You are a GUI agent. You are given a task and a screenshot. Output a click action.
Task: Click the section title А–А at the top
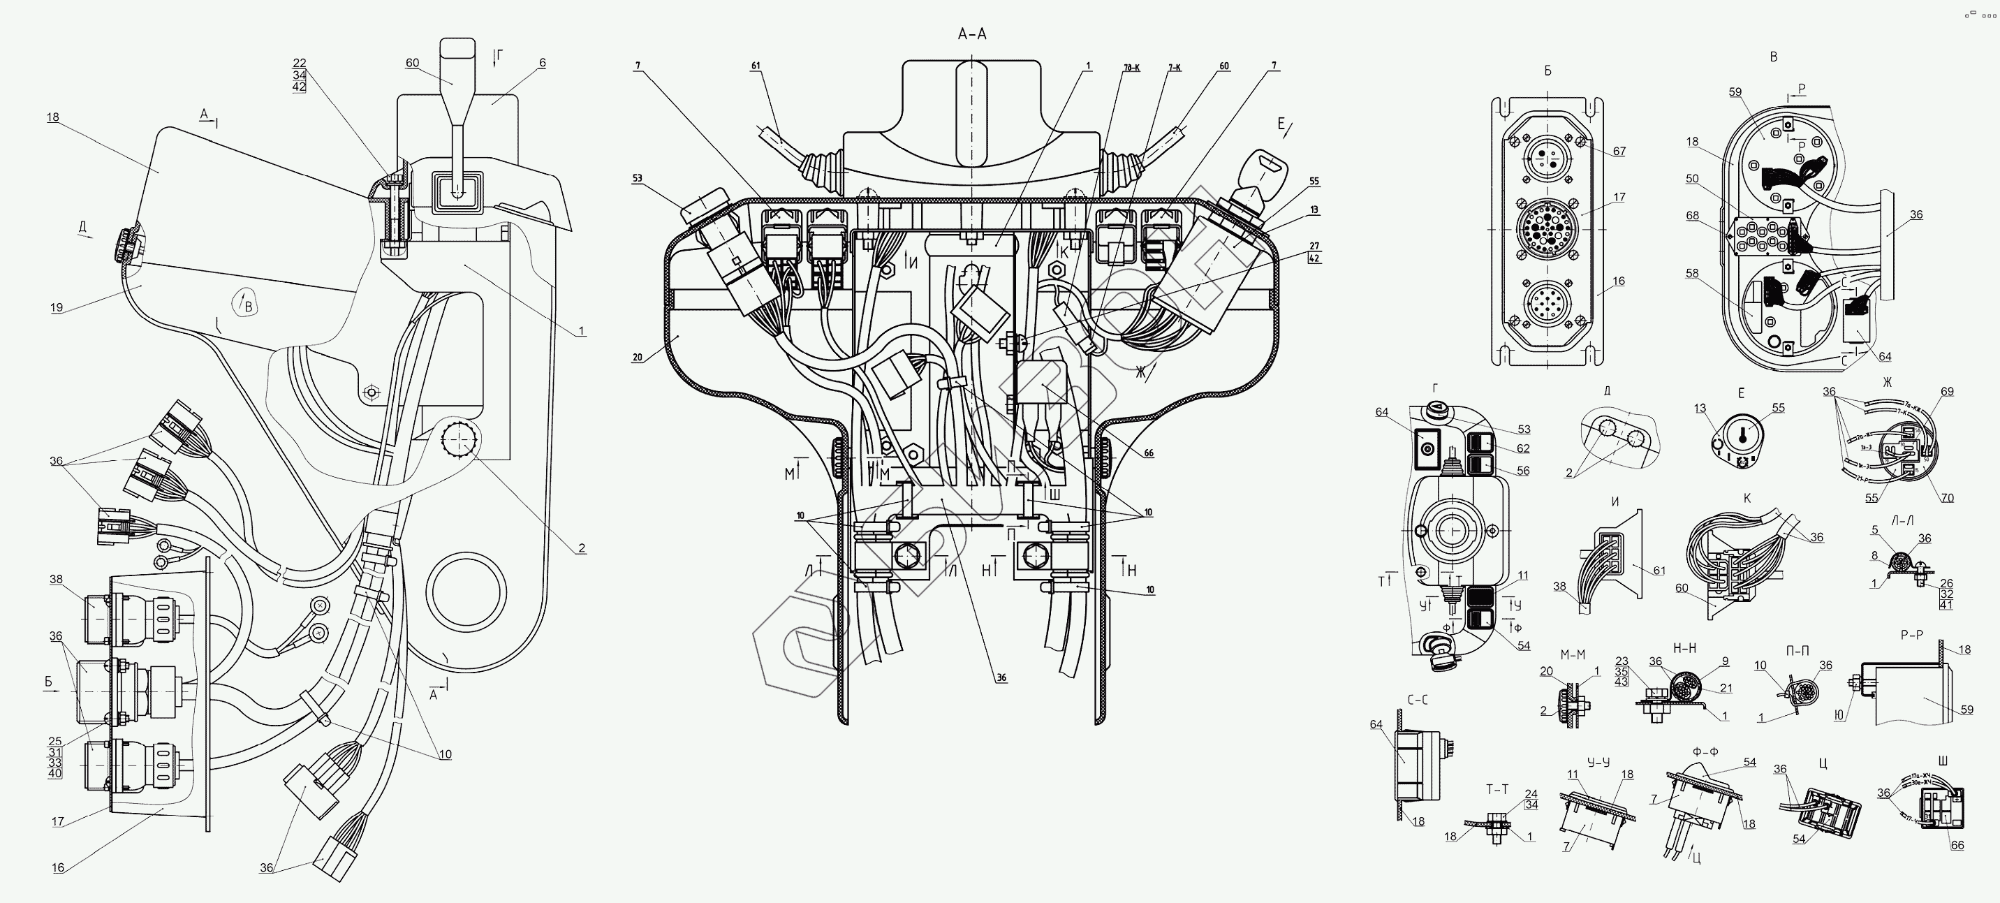(972, 34)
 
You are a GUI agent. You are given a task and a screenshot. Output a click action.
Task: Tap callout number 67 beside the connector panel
(1619, 152)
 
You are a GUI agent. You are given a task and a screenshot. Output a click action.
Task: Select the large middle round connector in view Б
(1547, 229)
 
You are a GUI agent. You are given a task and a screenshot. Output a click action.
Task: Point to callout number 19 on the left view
(57, 307)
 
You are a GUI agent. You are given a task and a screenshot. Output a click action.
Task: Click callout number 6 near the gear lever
(543, 63)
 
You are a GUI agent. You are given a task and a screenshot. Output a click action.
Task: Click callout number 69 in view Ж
(1947, 391)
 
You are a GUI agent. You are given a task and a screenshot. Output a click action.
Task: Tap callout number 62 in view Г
(1523, 448)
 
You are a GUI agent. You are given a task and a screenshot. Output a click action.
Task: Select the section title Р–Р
(1912, 634)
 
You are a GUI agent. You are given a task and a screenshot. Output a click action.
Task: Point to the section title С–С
(1418, 700)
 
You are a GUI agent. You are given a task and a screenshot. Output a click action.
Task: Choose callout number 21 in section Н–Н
(1726, 688)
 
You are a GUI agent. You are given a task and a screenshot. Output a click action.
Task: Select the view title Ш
(1943, 761)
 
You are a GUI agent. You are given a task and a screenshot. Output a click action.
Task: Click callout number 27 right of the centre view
(1314, 246)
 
